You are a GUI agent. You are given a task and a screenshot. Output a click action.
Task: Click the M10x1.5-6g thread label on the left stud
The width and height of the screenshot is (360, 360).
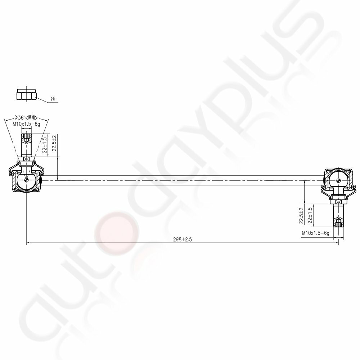pos(27,124)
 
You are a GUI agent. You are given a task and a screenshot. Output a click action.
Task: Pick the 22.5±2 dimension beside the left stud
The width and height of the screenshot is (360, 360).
pos(54,144)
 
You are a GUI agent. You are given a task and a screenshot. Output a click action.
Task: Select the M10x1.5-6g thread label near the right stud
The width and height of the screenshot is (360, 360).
pos(316,234)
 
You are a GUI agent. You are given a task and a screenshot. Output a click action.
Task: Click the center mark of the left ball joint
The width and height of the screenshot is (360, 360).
pos(27,180)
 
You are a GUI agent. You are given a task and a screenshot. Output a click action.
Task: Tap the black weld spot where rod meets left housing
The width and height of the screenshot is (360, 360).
pos(41,179)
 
